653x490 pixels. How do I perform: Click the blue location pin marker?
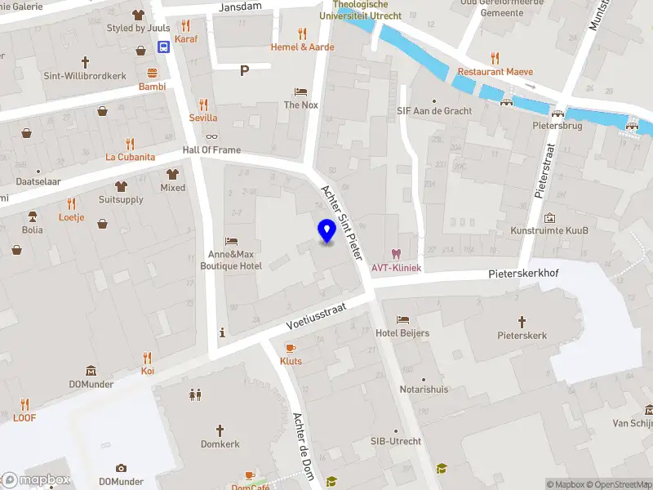[x=326, y=231]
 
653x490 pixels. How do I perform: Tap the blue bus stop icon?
[x=164, y=47]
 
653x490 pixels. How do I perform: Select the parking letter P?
[x=244, y=71]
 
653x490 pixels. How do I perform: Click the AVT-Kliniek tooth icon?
[x=397, y=254]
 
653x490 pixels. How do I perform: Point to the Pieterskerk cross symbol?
[x=522, y=321]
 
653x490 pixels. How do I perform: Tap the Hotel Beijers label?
[x=402, y=333]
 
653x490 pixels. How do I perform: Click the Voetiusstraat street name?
[x=316, y=316]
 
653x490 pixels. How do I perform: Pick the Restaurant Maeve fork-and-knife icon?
[x=495, y=57]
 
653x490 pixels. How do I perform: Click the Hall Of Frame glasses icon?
[x=212, y=136]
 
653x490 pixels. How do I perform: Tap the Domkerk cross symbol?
[x=219, y=430]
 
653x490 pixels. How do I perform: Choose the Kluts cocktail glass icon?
[x=291, y=347]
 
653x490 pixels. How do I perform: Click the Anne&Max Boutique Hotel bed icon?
[x=232, y=241]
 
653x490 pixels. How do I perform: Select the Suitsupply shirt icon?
[x=121, y=185]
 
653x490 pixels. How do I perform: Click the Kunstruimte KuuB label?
[x=549, y=231]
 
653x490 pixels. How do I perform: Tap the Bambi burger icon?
[x=152, y=72]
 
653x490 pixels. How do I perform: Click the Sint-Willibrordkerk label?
[x=85, y=76]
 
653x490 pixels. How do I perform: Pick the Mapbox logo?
[x=36, y=480]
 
